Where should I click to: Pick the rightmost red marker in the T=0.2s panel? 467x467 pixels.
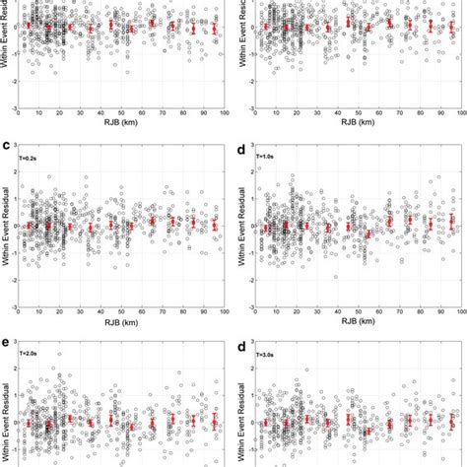point(213,226)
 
